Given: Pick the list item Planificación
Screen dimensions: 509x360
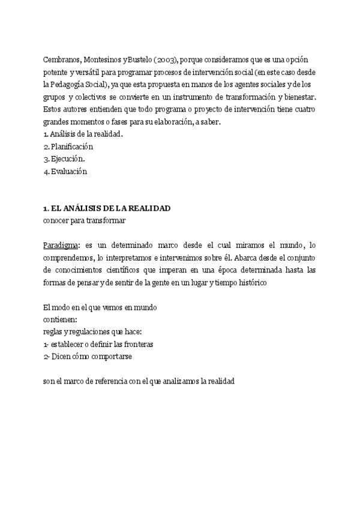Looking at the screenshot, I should point(72,146).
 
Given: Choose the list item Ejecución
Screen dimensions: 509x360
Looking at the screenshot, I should point(67,159).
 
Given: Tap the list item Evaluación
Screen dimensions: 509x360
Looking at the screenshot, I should point(69,171).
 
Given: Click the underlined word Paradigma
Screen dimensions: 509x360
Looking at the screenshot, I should point(61,245).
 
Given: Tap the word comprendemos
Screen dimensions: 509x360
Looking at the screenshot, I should point(69,257).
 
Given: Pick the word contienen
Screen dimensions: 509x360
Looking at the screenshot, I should point(60,319).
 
